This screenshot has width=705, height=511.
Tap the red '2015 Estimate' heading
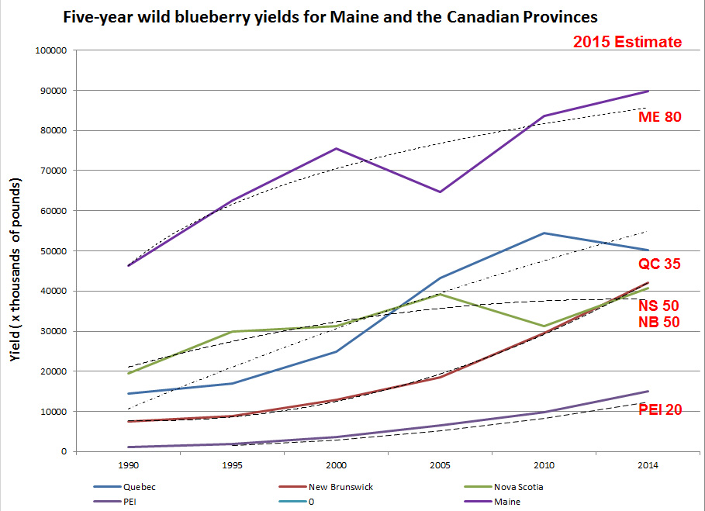627,42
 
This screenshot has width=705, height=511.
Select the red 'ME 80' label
659,118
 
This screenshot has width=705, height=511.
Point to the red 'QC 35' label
659,264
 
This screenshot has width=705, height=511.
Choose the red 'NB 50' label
659,322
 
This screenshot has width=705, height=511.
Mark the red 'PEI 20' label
660,409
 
